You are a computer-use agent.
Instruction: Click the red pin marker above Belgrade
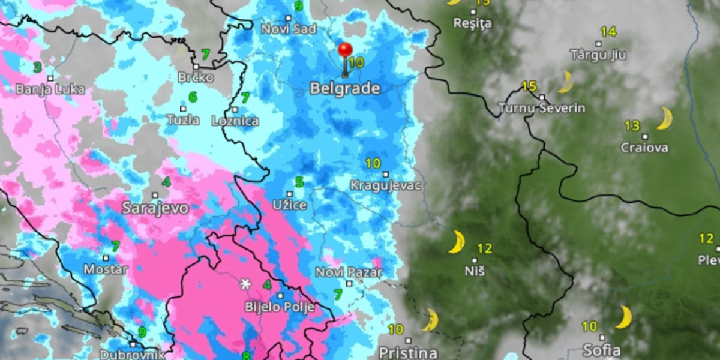coord(345,50)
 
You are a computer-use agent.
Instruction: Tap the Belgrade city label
coord(345,89)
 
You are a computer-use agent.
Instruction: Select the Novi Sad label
coord(284,28)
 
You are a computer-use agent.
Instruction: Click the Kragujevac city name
coord(386,185)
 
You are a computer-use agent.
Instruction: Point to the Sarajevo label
coord(155,208)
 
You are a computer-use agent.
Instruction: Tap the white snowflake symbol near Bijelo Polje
coord(245,284)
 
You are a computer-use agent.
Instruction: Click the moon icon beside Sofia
coord(624,317)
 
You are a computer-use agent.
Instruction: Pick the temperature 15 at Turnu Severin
coord(529,86)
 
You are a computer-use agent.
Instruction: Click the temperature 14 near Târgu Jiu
coord(608,32)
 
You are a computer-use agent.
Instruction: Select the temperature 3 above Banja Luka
coord(37,67)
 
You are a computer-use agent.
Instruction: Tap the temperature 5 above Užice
coord(299,182)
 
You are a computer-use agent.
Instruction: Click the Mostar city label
coord(106,269)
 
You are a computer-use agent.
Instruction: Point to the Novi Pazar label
coord(349,272)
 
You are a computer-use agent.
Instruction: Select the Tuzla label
coord(184,120)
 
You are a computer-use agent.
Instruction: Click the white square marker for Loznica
coord(235,110)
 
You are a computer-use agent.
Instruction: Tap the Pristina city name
coord(408,352)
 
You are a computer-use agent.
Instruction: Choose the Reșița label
coord(473,23)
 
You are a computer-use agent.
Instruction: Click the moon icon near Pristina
coord(430,320)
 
